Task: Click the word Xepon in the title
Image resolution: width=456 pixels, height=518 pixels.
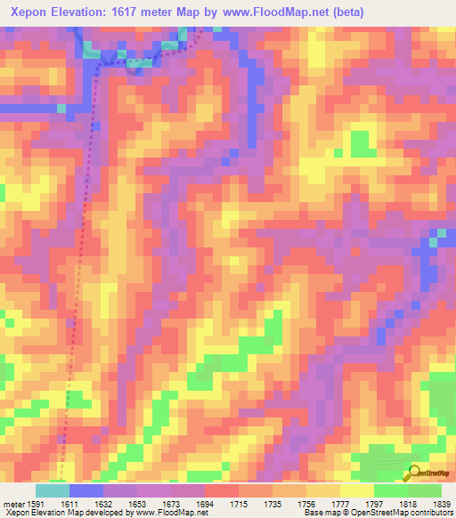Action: [31, 13]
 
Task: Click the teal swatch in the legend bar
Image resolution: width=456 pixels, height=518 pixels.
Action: [53, 490]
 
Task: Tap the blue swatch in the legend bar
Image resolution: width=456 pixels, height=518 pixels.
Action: [86, 490]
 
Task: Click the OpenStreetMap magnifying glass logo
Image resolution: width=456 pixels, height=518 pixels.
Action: [412, 473]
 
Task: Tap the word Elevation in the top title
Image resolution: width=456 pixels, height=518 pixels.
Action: [91, 13]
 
